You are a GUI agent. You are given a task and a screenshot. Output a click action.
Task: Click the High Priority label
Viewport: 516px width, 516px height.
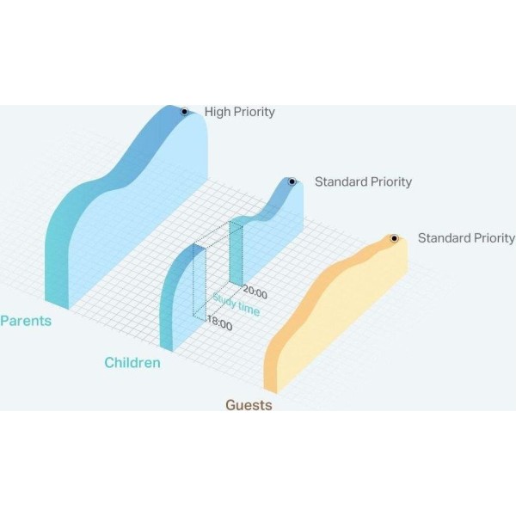(x=240, y=112)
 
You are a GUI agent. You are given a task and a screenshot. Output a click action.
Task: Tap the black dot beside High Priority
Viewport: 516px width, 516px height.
(x=185, y=112)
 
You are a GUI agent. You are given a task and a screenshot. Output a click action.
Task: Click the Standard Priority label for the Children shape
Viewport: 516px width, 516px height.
(x=363, y=181)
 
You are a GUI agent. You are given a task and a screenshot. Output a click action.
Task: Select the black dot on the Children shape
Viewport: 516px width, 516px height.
(x=292, y=181)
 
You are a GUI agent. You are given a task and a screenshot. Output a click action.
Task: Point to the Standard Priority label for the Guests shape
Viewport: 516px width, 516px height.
(x=466, y=238)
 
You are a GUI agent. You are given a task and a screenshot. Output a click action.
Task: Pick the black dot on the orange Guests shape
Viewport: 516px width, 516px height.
(x=394, y=238)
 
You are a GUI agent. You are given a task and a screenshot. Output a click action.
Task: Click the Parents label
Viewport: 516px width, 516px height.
(x=26, y=321)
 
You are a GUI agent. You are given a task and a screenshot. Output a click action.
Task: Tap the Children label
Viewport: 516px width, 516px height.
(x=132, y=363)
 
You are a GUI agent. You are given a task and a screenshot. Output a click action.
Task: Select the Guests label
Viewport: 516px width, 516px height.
(x=249, y=405)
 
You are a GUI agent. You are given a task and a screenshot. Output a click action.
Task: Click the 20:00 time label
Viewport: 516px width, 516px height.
(x=255, y=292)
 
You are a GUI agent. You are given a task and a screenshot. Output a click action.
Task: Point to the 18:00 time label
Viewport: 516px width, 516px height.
(x=220, y=323)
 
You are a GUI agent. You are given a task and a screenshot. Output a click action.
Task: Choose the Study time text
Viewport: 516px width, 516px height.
(x=236, y=304)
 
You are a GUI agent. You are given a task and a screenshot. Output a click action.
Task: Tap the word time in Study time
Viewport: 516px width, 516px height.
(x=249, y=309)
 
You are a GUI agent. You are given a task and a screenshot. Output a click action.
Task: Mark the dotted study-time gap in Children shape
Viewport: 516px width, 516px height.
(x=218, y=270)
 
